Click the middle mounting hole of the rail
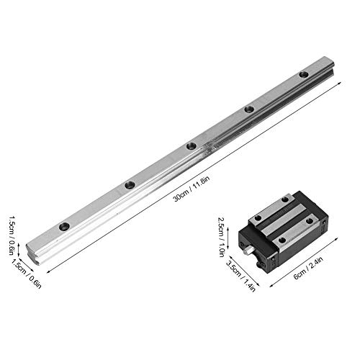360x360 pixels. click(x=191, y=146)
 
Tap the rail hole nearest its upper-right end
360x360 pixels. click(x=304, y=74)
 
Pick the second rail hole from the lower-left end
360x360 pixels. click(x=130, y=185)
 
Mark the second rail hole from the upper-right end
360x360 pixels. click(x=248, y=109)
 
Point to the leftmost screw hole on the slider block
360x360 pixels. click(x=260, y=220)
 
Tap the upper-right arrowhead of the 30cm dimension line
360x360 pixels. click(x=338, y=81)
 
